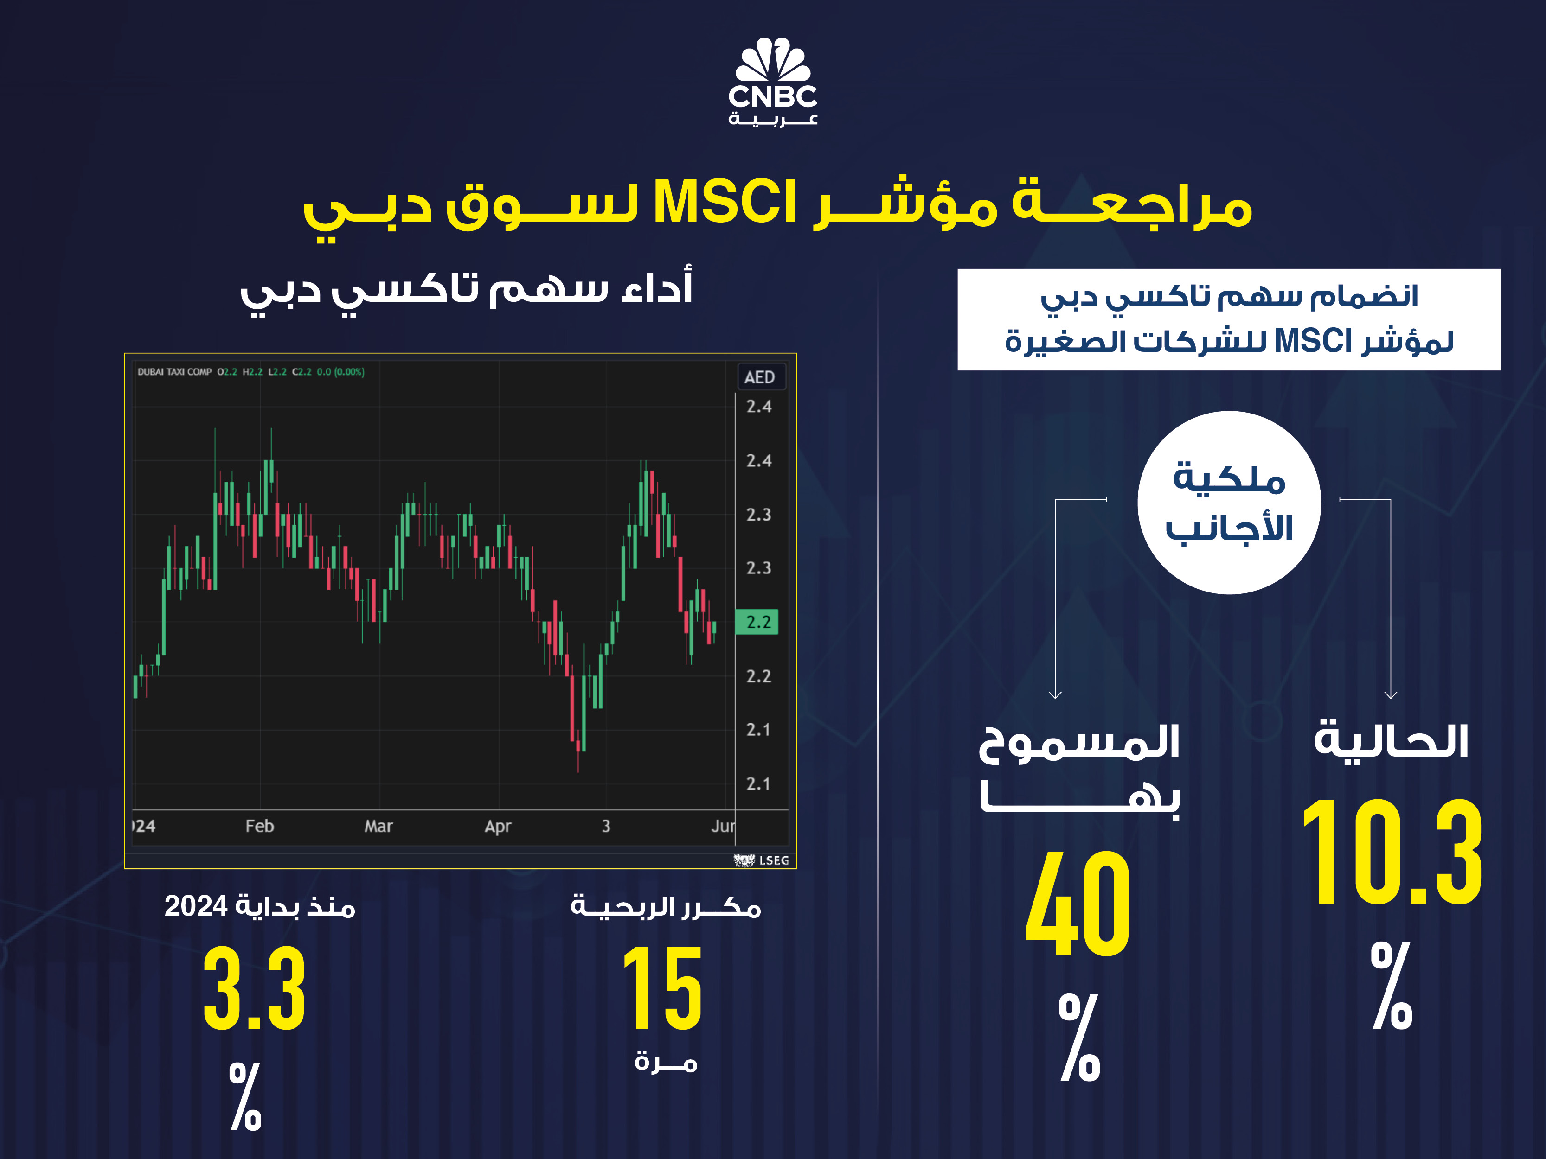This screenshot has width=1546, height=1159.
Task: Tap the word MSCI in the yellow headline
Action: [725, 203]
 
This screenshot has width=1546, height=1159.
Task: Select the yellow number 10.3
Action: [1391, 852]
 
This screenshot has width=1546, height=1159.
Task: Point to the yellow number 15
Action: [662, 988]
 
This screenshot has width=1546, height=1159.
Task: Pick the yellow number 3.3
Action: [254, 988]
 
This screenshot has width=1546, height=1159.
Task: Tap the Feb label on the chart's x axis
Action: [259, 826]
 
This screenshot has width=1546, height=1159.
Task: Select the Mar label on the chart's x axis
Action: [379, 826]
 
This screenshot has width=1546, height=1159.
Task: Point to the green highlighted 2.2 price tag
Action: [757, 622]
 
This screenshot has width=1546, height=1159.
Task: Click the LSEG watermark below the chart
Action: [762, 860]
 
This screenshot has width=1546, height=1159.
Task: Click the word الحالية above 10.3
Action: [1391, 740]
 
